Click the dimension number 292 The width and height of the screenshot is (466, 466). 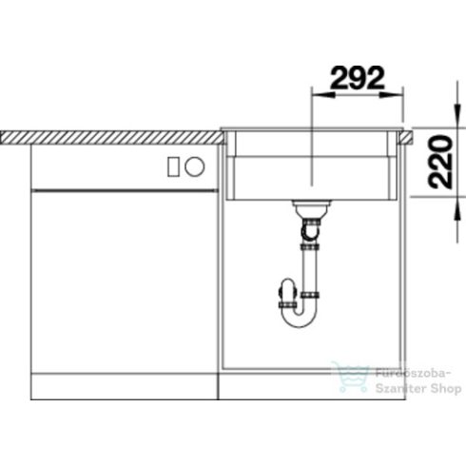pos(358,78)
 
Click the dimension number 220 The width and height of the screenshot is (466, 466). pos(440,162)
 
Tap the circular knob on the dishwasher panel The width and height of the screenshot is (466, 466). pos(195,166)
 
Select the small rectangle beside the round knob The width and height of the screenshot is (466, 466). pos(173,166)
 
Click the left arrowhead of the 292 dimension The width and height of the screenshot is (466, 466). pos(323,95)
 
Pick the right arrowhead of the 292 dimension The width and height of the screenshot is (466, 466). pos(392,95)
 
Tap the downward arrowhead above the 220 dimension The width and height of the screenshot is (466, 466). pos(457,115)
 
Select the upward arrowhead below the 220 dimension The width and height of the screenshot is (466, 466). pos(457,208)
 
